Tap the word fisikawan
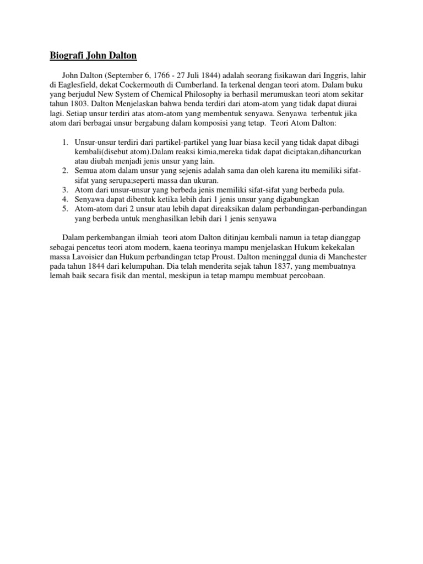coord(290,75)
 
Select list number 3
coord(64,189)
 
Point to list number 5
coord(64,209)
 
